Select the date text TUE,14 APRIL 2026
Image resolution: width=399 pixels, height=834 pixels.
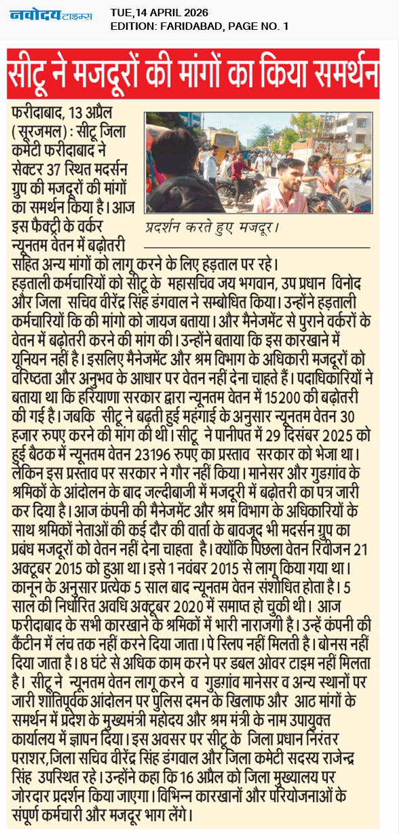point(159,12)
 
